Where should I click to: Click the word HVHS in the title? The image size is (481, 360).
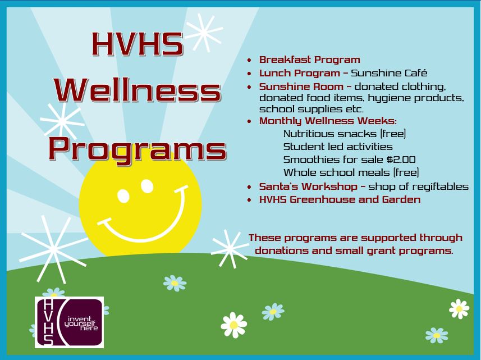138,44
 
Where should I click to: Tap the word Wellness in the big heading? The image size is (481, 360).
138,90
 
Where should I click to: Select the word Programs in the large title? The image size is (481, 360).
138,149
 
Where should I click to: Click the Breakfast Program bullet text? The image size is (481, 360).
309,60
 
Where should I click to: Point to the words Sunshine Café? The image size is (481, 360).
389,73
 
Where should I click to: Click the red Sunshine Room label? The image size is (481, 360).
301,86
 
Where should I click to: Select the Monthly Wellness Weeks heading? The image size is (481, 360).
328,121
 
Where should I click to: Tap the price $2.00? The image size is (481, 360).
401,160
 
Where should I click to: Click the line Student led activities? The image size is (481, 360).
338,147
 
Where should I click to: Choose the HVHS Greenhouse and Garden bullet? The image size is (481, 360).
340,199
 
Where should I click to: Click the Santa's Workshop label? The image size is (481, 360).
308,186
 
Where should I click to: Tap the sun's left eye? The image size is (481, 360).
123,196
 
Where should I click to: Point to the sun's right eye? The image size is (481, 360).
147,186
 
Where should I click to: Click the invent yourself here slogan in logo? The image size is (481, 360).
81,323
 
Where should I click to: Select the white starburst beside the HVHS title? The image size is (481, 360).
203,33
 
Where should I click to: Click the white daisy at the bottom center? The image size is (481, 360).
233,325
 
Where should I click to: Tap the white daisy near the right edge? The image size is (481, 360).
459,309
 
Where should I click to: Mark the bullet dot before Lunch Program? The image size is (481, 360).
249,74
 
